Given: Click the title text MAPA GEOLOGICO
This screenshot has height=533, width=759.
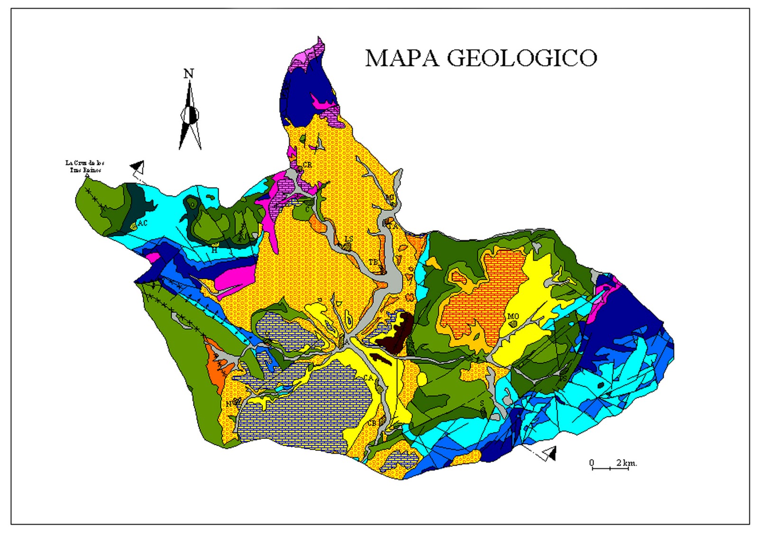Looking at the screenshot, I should click(x=481, y=58).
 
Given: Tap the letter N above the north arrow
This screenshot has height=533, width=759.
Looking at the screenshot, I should click(x=189, y=74).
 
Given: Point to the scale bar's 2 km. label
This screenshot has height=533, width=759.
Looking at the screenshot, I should click(x=626, y=462).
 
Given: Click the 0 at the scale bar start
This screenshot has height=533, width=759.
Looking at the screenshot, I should click(x=592, y=462).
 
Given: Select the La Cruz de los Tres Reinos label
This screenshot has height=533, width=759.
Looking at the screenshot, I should click(x=85, y=166).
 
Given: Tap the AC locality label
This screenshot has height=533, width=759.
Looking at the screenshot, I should click(x=142, y=223).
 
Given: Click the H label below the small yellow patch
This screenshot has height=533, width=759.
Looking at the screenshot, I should click(x=214, y=250).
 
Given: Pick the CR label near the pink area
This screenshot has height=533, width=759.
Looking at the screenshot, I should click(x=307, y=165).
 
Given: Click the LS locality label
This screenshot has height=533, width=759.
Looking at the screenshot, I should click(x=349, y=239).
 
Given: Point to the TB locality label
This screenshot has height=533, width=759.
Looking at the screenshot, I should click(x=373, y=262).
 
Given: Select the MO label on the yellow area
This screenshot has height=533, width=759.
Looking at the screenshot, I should click(x=513, y=316).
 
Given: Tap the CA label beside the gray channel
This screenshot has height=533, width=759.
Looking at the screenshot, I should click(x=369, y=378).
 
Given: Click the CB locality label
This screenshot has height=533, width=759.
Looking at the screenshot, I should click(x=372, y=423).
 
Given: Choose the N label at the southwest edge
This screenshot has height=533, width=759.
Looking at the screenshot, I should click(x=228, y=404).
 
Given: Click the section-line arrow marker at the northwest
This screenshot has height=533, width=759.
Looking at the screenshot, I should click(x=138, y=167).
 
